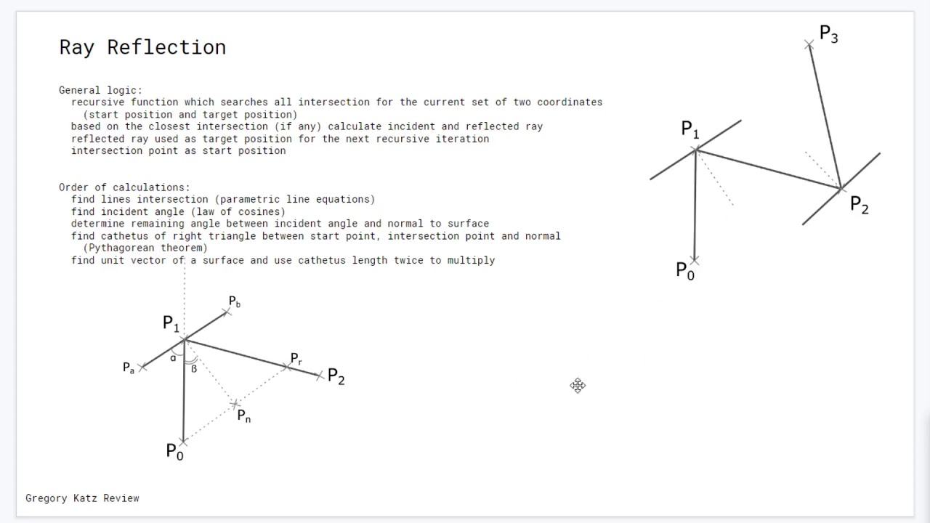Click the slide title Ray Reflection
click(142, 47)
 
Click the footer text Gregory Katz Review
click(82, 498)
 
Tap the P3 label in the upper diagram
click(829, 34)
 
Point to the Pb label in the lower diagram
click(235, 301)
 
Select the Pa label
click(129, 368)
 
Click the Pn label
click(244, 416)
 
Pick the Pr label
click(296, 359)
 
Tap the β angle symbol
click(194, 368)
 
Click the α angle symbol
click(173, 358)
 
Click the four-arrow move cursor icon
click(578, 386)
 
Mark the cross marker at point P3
click(809, 44)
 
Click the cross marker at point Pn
click(235, 404)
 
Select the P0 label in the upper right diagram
click(685, 272)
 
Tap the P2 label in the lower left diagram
click(336, 376)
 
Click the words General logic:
click(100, 91)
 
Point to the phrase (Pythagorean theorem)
click(145, 248)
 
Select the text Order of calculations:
click(124, 187)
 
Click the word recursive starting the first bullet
click(97, 102)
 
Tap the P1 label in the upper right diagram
click(690, 129)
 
